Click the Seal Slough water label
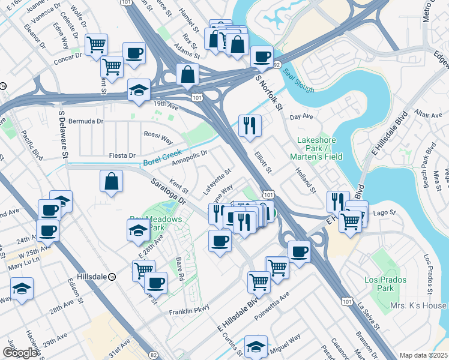coord(299,82)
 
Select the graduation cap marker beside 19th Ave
coord(139,89)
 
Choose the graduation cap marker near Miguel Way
coord(256,346)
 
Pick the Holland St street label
coord(306,180)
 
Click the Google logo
coord(20,353)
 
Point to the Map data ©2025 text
coord(423,355)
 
